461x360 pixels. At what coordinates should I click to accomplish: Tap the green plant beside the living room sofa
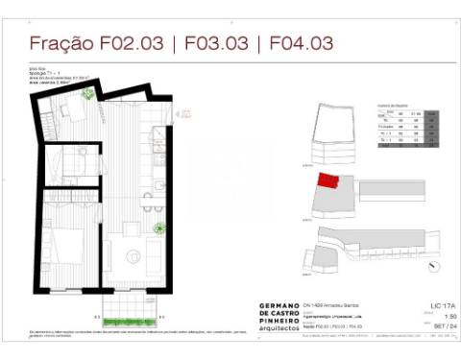(159, 228)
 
